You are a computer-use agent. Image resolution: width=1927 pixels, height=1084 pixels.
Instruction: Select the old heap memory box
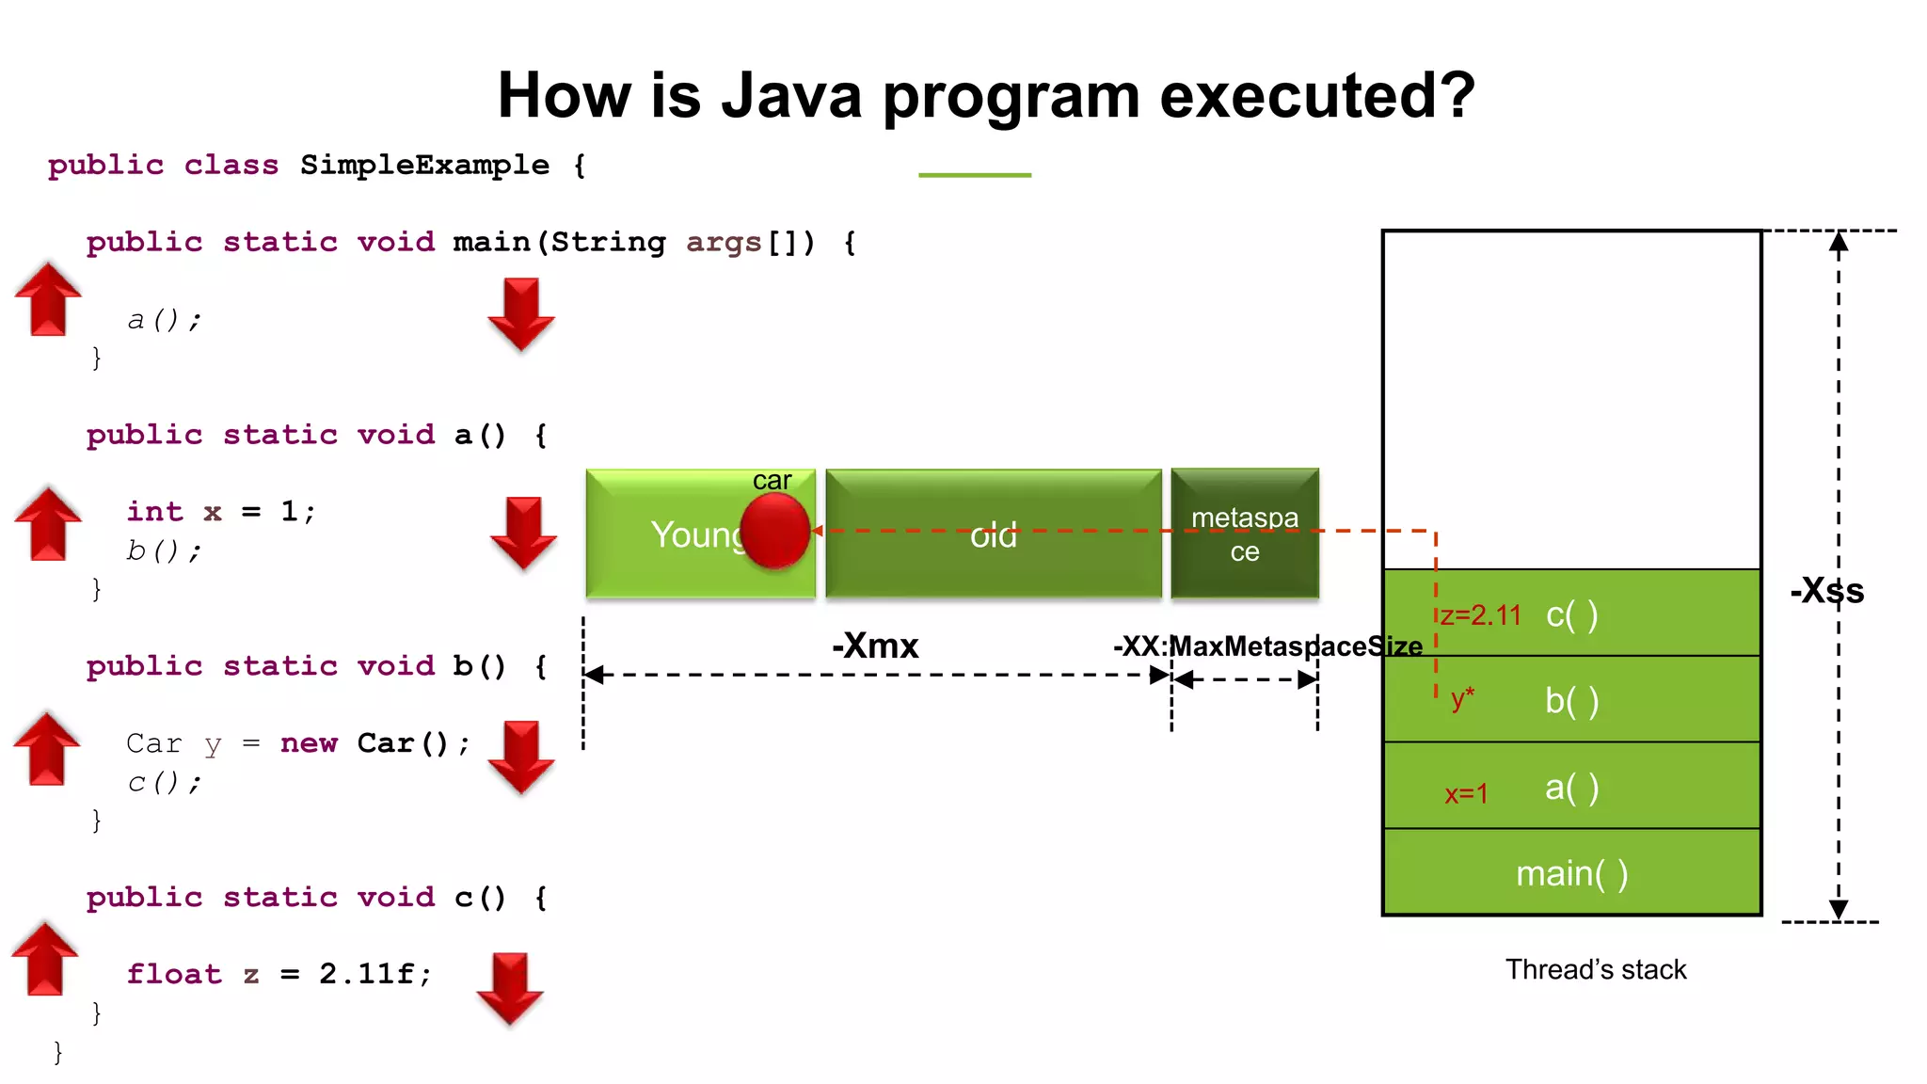pos(994,534)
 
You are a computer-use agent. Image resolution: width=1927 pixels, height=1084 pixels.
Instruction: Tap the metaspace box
pos(1245,534)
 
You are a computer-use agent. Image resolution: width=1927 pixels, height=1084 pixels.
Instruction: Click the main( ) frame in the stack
pos(1571,873)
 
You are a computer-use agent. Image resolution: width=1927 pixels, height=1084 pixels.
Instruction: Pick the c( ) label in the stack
pos(1571,615)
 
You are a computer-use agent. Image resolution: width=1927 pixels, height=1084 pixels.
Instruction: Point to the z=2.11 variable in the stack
pos(1480,615)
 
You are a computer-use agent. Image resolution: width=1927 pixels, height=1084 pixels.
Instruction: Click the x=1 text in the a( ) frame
pos(1466,794)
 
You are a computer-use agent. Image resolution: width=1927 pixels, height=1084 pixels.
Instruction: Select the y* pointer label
pos(1462,698)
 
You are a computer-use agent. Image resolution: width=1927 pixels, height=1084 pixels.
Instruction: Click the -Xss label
pos(1826,591)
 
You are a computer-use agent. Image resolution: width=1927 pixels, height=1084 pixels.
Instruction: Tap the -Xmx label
pos(875,646)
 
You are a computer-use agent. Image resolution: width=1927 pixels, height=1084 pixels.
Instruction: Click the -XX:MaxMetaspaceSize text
pos(1267,646)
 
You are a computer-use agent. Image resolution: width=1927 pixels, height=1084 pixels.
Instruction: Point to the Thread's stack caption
pos(1596,969)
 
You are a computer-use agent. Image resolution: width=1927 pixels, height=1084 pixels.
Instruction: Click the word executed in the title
pos(1317,96)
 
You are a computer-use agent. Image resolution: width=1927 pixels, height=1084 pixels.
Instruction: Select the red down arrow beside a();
pos(521,314)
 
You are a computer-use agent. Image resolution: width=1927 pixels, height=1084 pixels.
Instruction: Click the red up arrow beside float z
pos(45,959)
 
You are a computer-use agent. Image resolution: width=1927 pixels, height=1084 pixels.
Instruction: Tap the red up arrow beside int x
pos(48,523)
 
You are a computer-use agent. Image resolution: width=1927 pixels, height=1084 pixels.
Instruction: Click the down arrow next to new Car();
pos(521,757)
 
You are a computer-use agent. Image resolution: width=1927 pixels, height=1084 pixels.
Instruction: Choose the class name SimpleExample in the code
pos(424,166)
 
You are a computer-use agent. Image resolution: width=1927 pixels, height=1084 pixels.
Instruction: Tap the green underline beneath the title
pos(975,175)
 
